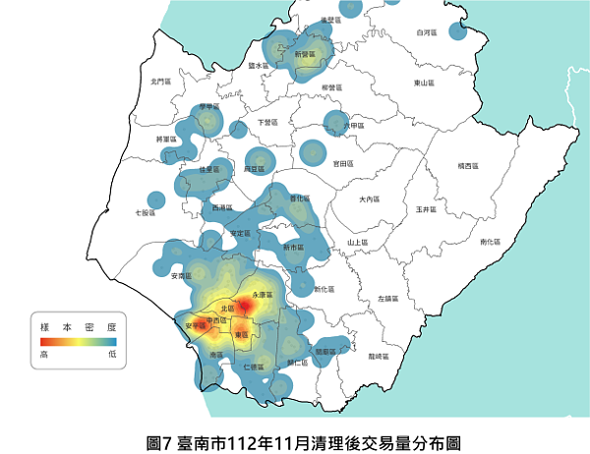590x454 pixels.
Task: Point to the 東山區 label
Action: [x=424, y=83]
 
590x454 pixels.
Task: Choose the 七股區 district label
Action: [x=145, y=211]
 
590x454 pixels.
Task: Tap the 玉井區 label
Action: [x=425, y=209]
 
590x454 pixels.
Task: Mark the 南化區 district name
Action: [x=489, y=241]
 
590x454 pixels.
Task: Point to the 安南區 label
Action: [x=181, y=277]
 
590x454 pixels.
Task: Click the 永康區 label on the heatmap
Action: [x=262, y=294]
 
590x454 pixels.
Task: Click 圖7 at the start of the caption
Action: [x=157, y=443]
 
